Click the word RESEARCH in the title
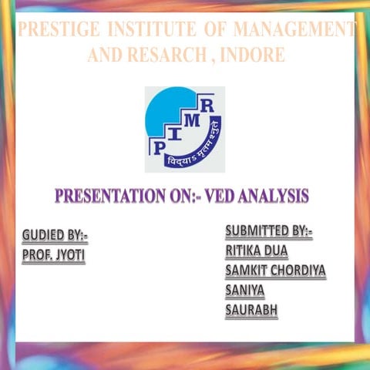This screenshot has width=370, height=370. coord(163,55)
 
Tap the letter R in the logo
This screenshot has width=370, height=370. coord(207,106)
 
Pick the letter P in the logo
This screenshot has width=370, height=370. coord(160,146)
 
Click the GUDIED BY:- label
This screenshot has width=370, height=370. coord(54,235)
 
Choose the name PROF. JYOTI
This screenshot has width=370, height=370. coord(53,255)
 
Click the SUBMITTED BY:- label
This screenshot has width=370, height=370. coord(268,231)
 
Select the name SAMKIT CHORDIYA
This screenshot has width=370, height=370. coord(275,271)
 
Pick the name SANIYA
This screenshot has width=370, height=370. coord(244,291)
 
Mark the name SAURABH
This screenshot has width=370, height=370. coord(251,311)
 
